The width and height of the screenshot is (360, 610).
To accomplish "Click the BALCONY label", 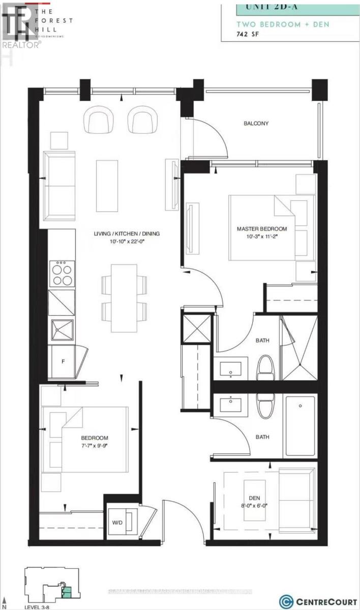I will tap(256, 124).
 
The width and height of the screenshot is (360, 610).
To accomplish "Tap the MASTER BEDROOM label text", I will tap(262, 229).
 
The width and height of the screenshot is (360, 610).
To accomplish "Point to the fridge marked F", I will tap(63, 361).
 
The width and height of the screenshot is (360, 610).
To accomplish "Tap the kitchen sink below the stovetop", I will tap(62, 331).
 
